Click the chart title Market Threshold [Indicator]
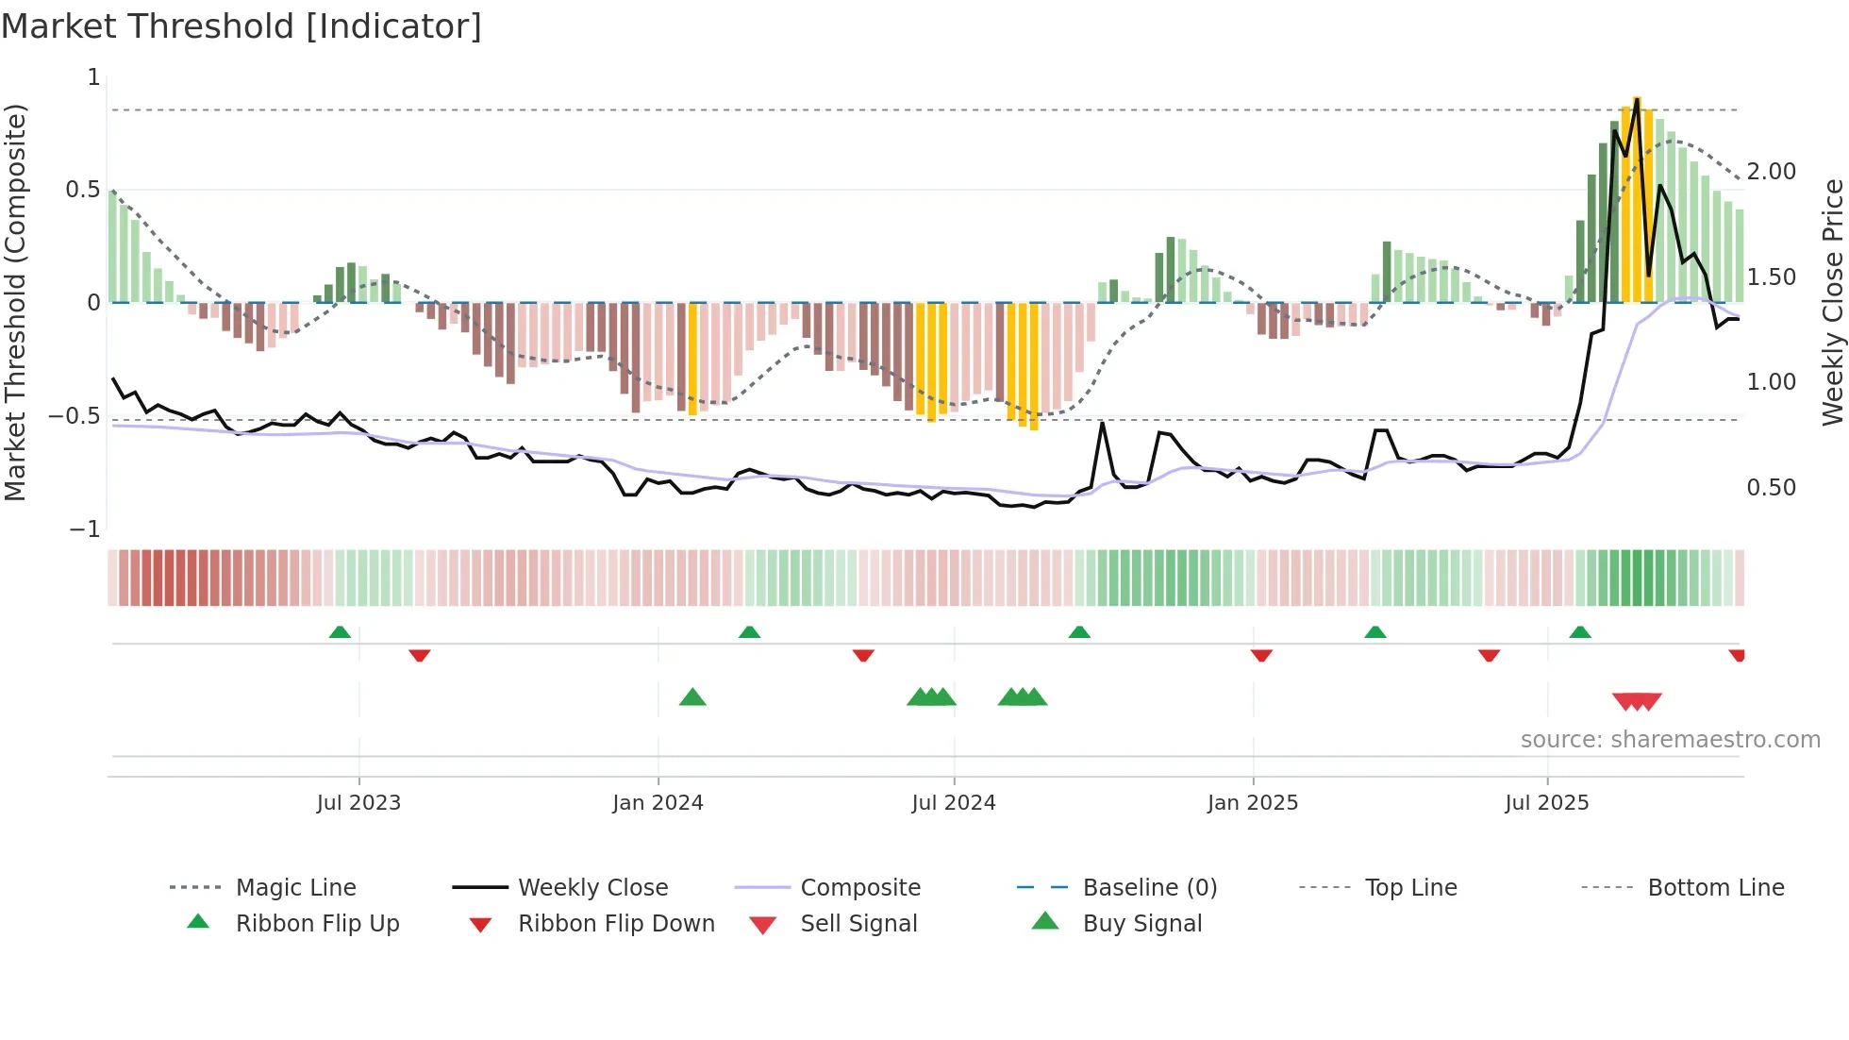click(242, 26)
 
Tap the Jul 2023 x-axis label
click(358, 803)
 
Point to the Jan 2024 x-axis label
click(658, 803)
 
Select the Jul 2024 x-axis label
click(954, 803)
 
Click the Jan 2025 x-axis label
click(1253, 803)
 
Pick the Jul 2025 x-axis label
click(1547, 803)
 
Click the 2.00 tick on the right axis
click(1772, 172)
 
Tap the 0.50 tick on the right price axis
click(1772, 488)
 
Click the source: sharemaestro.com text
click(1671, 740)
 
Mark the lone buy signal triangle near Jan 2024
click(692, 697)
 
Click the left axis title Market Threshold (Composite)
click(15, 302)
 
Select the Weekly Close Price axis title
click(1832, 302)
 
